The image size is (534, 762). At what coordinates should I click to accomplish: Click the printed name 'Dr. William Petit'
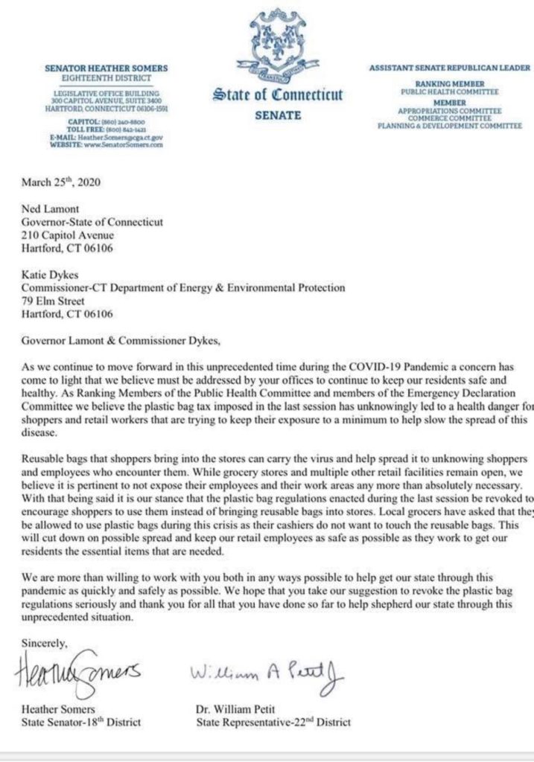pyautogui.click(x=237, y=709)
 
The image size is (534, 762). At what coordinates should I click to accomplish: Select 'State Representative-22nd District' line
pyautogui.click(x=272, y=722)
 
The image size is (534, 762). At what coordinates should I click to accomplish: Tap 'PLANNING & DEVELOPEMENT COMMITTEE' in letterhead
pyautogui.click(x=449, y=126)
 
